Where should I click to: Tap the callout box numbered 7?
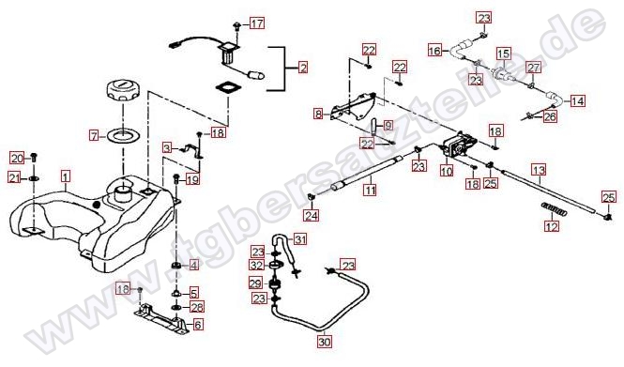(94, 136)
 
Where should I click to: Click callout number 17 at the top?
(257, 23)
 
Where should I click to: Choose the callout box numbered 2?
(303, 68)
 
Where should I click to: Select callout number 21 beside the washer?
(15, 178)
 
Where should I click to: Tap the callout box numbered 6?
(198, 325)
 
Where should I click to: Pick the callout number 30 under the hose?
(325, 342)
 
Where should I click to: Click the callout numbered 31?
(300, 239)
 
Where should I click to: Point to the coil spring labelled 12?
(554, 209)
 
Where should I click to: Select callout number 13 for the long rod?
(540, 171)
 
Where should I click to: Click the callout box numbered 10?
(447, 171)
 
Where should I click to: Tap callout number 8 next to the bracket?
(318, 115)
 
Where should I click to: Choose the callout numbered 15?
(503, 53)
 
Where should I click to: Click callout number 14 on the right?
(577, 101)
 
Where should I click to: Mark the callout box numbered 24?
(312, 215)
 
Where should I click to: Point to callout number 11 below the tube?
(371, 190)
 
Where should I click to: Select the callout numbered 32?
(257, 265)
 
